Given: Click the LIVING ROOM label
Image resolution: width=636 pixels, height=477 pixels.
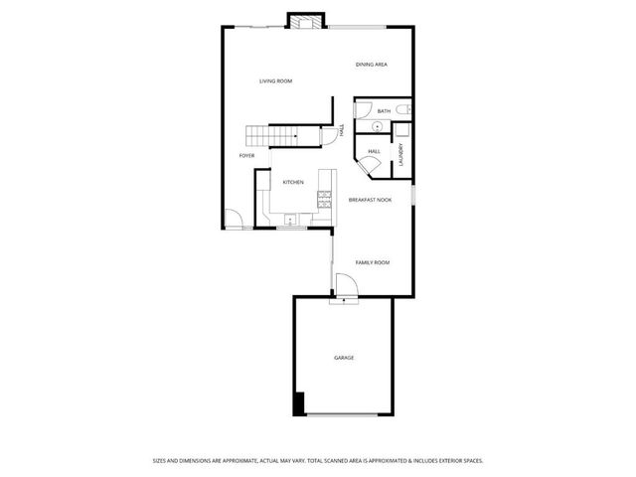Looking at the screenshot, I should [x=275, y=80].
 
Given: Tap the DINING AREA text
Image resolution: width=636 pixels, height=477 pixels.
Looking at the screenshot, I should [x=372, y=65].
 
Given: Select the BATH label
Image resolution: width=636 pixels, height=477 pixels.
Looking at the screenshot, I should [x=383, y=111].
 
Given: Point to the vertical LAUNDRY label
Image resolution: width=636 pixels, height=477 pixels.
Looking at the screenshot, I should [x=400, y=155].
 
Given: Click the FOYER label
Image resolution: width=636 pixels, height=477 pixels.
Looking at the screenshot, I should [x=246, y=156].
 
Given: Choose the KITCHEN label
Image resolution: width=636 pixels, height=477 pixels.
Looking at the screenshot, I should [x=293, y=182].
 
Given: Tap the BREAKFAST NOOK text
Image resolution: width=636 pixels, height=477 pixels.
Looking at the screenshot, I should [x=370, y=200].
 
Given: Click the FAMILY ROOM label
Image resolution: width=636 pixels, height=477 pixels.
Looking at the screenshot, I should [x=373, y=262].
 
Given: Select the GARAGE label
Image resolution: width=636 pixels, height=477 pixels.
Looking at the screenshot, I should [x=343, y=357].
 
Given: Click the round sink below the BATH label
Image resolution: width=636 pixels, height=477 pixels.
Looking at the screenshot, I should [x=378, y=128].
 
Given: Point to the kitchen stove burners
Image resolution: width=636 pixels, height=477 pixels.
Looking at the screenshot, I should [x=324, y=198].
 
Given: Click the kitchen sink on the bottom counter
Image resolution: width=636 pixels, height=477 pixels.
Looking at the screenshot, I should [x=291, y=221].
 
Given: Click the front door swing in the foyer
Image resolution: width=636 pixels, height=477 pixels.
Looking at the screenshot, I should [x=232, y=220].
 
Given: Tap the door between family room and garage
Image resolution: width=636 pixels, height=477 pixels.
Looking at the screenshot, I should [x=346, y=289].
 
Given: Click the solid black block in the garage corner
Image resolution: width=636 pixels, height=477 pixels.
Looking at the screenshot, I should [x=297, y=404].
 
